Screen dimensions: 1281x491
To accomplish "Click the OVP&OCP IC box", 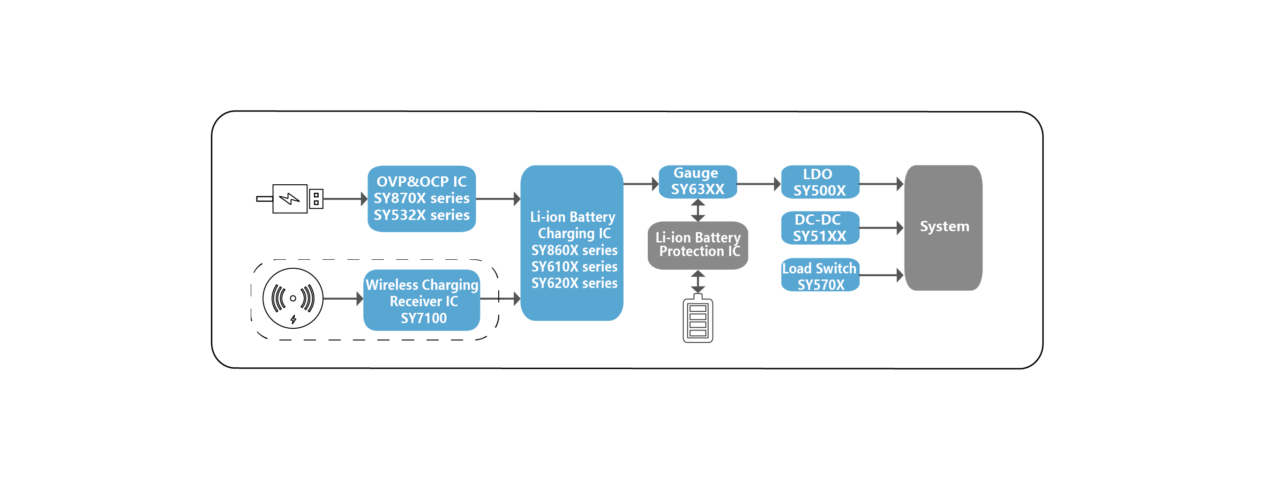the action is [x=421, y=198].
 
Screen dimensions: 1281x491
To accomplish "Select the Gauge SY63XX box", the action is [x=698, y=181].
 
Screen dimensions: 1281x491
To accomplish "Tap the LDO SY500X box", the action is [x=820, y=182].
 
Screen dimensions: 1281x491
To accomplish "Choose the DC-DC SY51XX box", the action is [x=820, y=228].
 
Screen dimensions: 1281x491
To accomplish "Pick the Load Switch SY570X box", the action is [x=820, y=275].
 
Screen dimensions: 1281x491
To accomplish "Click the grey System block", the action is [x=944, y=228].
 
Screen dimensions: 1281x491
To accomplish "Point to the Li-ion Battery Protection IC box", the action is [x=698, y=245].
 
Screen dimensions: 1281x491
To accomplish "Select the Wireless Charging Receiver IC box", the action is [x=422, y=300].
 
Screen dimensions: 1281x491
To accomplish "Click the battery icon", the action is [x=698, y=318].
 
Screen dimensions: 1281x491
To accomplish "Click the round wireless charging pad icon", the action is [x=293, y=298].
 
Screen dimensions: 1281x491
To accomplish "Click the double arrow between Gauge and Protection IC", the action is [x=698, y=210].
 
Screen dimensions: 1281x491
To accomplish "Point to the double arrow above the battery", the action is [x=698, y=281].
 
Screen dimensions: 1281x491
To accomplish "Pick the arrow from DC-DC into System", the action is [x=882, y=228].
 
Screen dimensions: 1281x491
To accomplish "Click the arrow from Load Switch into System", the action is [x=882, y=275].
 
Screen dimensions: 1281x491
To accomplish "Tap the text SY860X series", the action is [x=574, y=250].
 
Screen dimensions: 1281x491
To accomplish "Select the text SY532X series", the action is [x=422, y=215].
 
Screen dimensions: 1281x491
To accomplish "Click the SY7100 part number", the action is [x=424, y=318].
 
